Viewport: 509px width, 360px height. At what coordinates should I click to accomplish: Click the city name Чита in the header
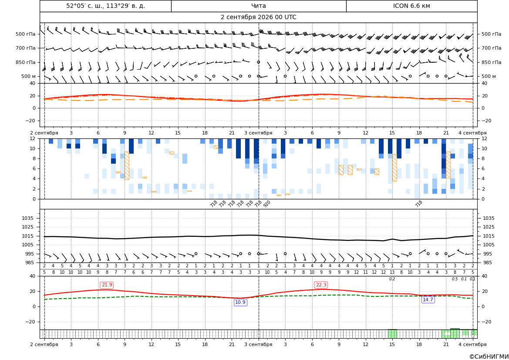pos(258,6)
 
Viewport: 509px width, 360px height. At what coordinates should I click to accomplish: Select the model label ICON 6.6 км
pos(411,6)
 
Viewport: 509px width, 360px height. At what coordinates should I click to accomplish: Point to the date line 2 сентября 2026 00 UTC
pos(258,17)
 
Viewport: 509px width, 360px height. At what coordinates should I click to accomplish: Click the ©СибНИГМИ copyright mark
pos(489,357)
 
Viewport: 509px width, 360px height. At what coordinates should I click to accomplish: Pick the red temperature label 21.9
pos(107,285)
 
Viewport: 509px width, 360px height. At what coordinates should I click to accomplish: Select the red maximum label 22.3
pos(321,285)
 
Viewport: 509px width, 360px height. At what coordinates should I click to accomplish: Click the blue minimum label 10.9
pos(240,302)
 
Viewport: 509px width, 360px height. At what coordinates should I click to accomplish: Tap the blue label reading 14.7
pos(428,299)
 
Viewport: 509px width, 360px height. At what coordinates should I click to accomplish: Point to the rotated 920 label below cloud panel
pos(266,204)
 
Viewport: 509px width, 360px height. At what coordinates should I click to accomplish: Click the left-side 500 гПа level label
pos(26,34)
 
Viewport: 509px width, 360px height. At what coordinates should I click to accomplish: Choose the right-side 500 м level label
pos(489,76)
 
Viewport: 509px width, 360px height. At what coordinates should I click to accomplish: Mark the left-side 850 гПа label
pos(26,62)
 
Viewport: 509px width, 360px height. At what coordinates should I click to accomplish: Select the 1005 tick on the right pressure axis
pos(489,245)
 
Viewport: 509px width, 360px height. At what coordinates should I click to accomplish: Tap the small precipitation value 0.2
pos(392,279)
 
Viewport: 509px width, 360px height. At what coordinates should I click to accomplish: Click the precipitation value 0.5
pos(455,279)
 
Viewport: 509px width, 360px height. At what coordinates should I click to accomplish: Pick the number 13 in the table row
pos(392,273)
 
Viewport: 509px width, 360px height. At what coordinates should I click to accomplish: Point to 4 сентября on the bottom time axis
pos(472,344)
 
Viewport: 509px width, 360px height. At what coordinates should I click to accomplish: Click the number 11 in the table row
pos(365,273)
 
